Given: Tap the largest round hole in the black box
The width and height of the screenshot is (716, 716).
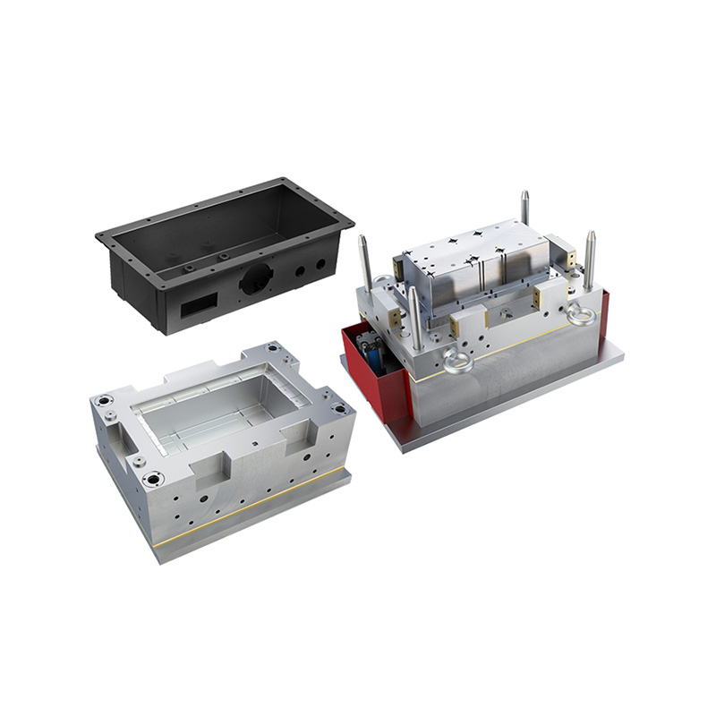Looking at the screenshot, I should pyautogui.click(x=252, y=282).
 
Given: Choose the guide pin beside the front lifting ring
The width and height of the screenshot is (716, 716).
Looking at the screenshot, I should pyautogui.click(x=415, y=317).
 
